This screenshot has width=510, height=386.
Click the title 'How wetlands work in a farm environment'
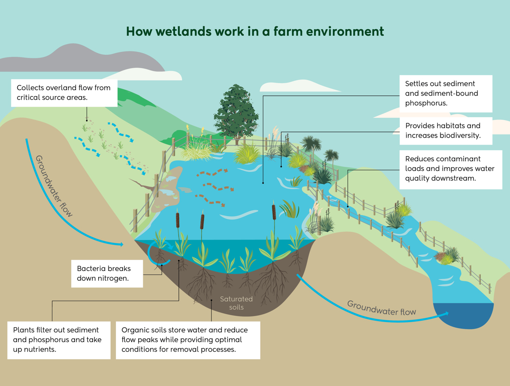pyautogui.click(x=255, y=32)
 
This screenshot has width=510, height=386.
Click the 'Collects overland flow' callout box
pyautogui.click(x=64, y=93)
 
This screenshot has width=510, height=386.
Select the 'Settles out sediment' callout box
pyautogui.click(x=446, y=93)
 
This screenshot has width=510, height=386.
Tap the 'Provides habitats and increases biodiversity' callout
pyautogui.click(x=446, y=131)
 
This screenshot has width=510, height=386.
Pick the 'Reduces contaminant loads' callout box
pyautogui.click(x=450, y=169)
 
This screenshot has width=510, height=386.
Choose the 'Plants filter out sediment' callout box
pyautogui.click(x=59, y=340)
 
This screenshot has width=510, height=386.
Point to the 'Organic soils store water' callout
pyautogui.click(x=188, y=340)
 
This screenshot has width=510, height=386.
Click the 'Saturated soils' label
pyautogui.click(x=236, y=303)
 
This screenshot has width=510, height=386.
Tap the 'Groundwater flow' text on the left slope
pyautogui.click(x=54, y=185)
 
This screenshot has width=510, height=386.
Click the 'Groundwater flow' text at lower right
pyautogui.click(x=382, y=308)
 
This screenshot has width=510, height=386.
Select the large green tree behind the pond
pyautogui.click(x=236, y=114)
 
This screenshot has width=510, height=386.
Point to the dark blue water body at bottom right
pyautogui.click(x=462, y=315)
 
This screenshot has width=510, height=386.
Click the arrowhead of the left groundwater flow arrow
pyautogui.click(x=121, y=244)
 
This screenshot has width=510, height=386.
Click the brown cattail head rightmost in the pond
pyautogui.click(x=274, y=212)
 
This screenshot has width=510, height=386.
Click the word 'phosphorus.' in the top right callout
pyautogui.click(x=426, y=103)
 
